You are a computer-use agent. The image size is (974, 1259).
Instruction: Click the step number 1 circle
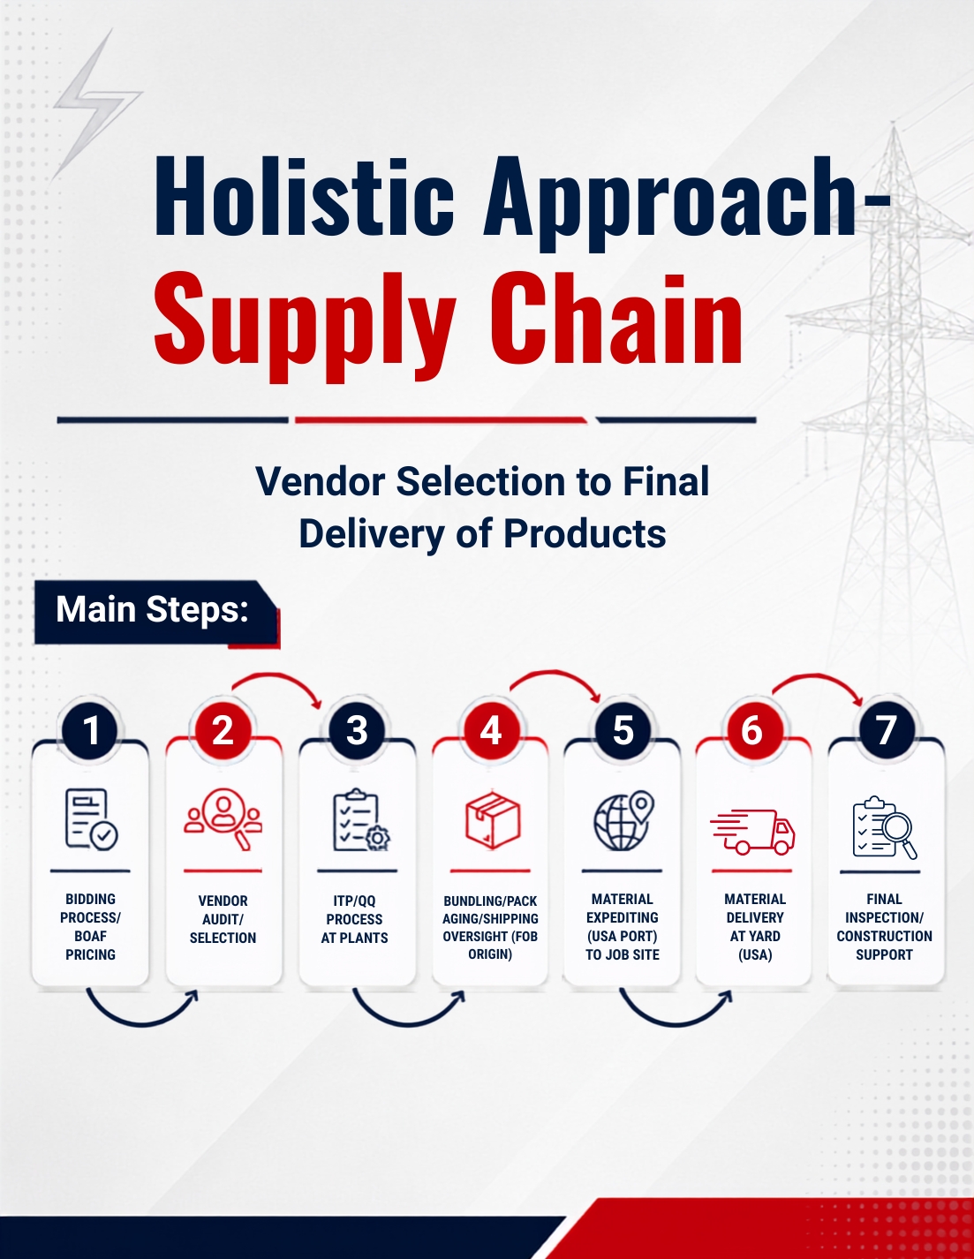pyautogui.click(x=90, y=730)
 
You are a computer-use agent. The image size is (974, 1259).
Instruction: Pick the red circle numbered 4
pyautogui.click(x=490, y=730)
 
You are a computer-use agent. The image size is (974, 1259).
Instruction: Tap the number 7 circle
pyautogui.click(x=887, y=730)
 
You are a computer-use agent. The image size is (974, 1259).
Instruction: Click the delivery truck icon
pyautogui.click(x=752, y=832)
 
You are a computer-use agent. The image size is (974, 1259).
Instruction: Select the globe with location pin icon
pyautogui.click(x=623, y=820)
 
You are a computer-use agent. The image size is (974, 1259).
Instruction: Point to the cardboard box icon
pyautogui.click(x=493, y=820)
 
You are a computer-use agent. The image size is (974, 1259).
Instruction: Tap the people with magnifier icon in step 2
pyautogui.click(x=223, y=818)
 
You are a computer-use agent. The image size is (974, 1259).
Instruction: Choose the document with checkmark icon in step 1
pyautogui.click(x=91, y=819)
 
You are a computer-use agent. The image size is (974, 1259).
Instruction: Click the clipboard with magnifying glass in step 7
pyautogui.click(x=885, y=827)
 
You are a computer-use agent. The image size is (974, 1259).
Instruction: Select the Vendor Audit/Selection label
pyautogui.click(x=223, y=919)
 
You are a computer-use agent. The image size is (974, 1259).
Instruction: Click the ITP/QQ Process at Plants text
pyautogui.click(x=355, y=919)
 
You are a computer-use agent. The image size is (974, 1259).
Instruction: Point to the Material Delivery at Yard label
pyautogui.click(x=755, y=926)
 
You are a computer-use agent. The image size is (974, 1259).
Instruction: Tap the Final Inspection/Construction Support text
pyautogui.click(x=884, y=926)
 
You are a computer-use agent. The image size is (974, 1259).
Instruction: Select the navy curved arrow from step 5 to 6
pyautogui.click(x=675, y=1025)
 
